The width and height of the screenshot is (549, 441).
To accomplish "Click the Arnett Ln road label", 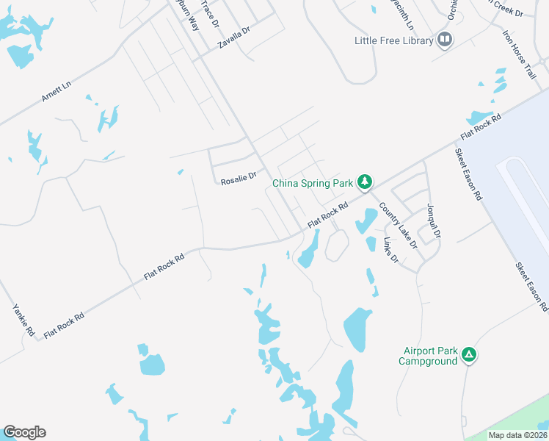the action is (57, 91).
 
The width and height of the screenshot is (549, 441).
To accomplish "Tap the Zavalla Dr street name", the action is (234, 38).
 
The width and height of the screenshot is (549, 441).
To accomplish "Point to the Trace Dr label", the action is (211, 14).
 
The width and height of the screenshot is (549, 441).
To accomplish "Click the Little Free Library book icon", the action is (444, 40).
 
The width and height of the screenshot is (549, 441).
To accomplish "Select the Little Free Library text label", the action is (393, 40).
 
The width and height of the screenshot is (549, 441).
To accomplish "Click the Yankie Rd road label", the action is (23, 320).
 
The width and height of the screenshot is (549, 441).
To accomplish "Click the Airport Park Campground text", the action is (428, 356).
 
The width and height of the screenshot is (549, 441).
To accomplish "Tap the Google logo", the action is (24, 432).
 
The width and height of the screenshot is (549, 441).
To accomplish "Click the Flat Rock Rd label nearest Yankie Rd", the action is (64, 325).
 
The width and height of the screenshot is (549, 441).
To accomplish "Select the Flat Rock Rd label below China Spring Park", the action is (327, 215).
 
